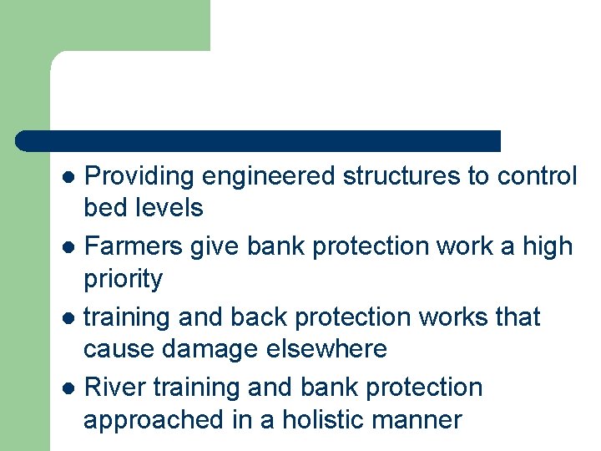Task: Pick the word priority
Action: [x=124, y=279]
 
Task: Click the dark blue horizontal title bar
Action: [x=259, y=140]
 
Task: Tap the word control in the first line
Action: [x=537, y=177]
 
